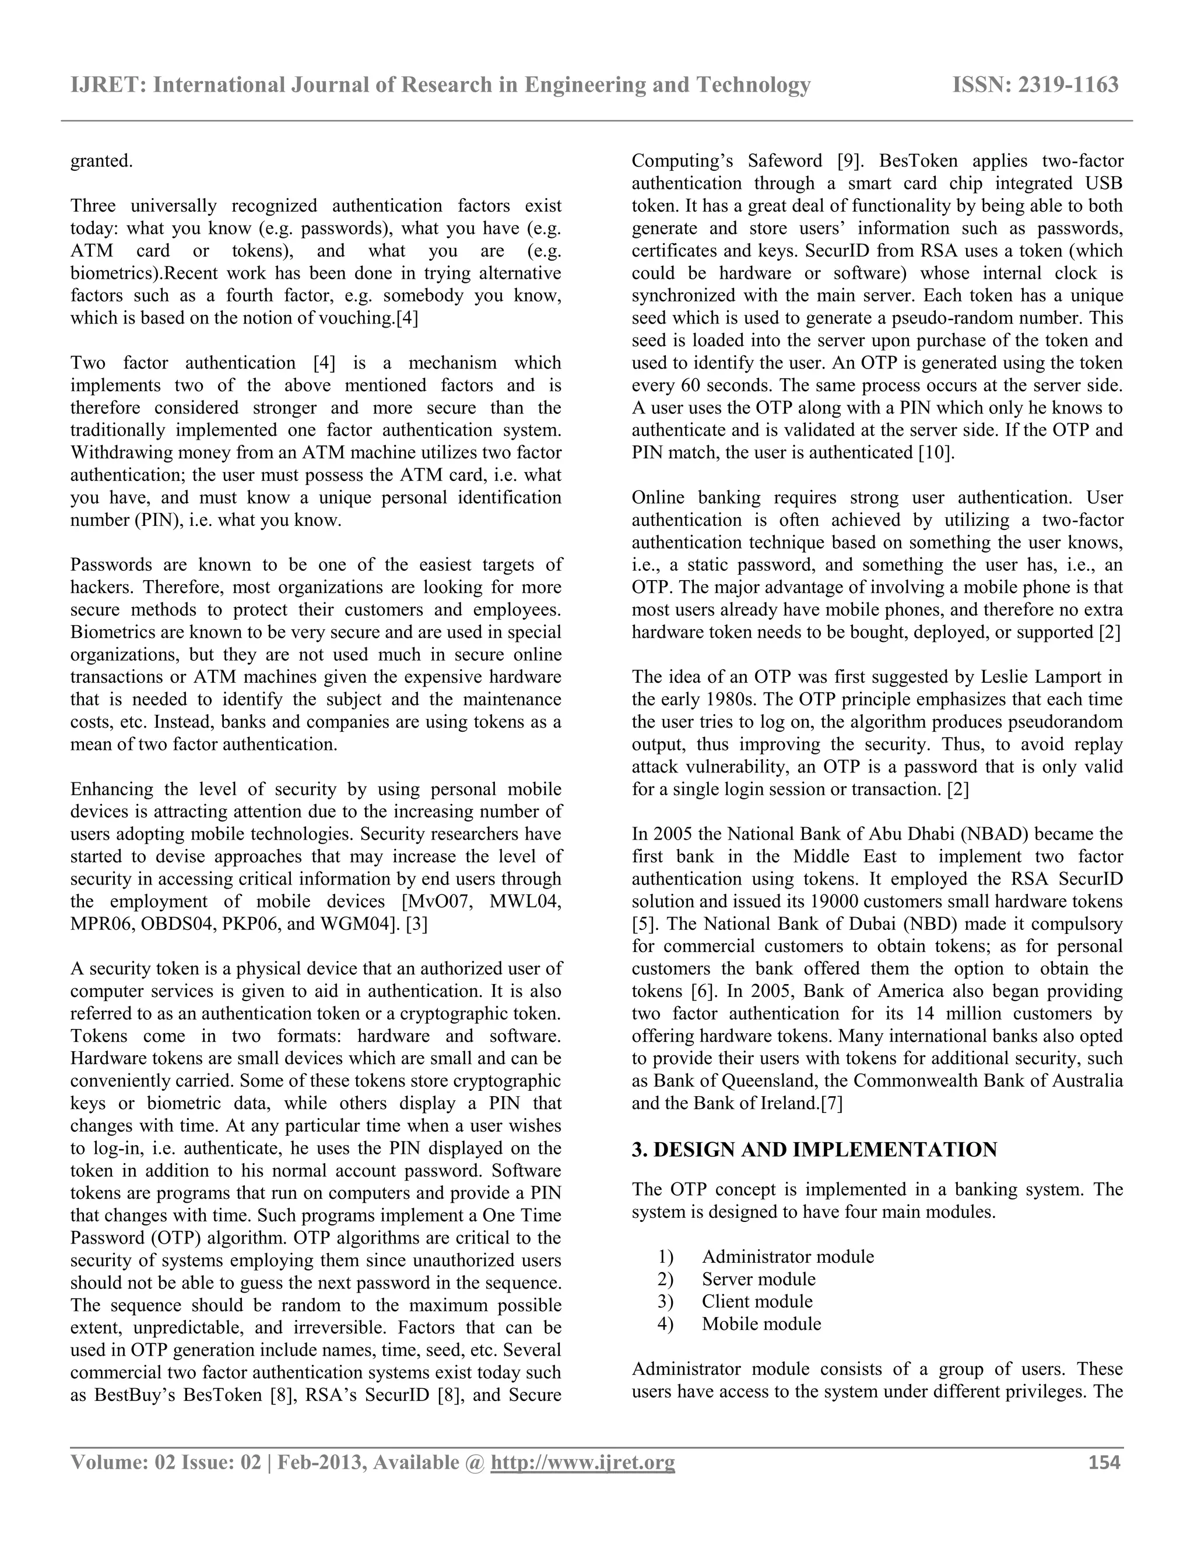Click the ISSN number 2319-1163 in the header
tap(1068, 85)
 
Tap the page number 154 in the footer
tap(1104, 1462)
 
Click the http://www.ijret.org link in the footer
tap(583, 1462)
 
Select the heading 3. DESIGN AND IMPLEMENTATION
tap(814, 1150)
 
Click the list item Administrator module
tap(787, 1256)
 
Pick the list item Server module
tap(758, 1279)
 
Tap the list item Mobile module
tap(761, 1323)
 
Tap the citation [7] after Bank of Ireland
tap(831, 1104)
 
